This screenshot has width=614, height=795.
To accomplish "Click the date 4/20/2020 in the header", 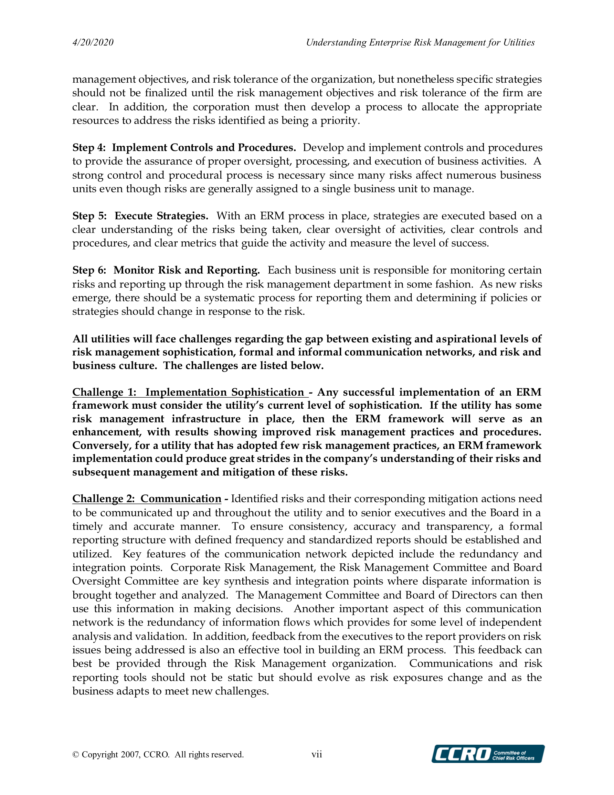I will click(x=93, y=43).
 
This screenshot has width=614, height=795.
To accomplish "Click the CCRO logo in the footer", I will click(x=488, y=754).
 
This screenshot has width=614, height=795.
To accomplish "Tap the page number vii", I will click(x=317, y=754).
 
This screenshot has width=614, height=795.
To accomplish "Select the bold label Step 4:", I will click(x=89, y=148).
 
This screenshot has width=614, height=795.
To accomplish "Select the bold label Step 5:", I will click(x=89, y=216).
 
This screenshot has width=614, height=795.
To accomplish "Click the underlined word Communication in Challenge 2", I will click(x=181, y=499).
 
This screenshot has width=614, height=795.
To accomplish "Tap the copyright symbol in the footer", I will click(x=76, y=755).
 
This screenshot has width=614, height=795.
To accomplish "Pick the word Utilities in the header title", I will click(x=519, y=43).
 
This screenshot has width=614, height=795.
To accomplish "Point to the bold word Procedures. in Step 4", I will click(x=267, y=148).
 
